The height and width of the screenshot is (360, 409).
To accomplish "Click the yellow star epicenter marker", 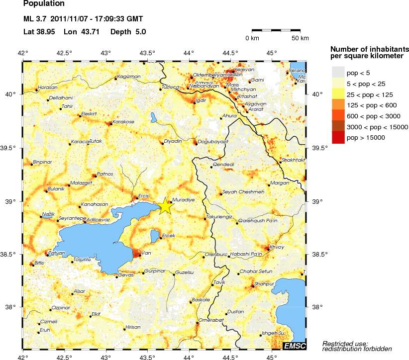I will [x=165, y=206].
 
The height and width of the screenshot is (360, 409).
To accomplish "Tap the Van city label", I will [x=146, y=253].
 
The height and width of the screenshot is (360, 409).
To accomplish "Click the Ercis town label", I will [x=144, y=195].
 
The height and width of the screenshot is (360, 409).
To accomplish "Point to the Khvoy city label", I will [x=276, y=247].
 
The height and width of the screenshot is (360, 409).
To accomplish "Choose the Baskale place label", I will [x=201, y=300].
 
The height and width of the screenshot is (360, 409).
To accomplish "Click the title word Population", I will [x=44, y=4].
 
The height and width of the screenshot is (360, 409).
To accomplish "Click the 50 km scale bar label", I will [x=300, y=38].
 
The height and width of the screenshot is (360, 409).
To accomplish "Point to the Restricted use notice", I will [x=345, y=346].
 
